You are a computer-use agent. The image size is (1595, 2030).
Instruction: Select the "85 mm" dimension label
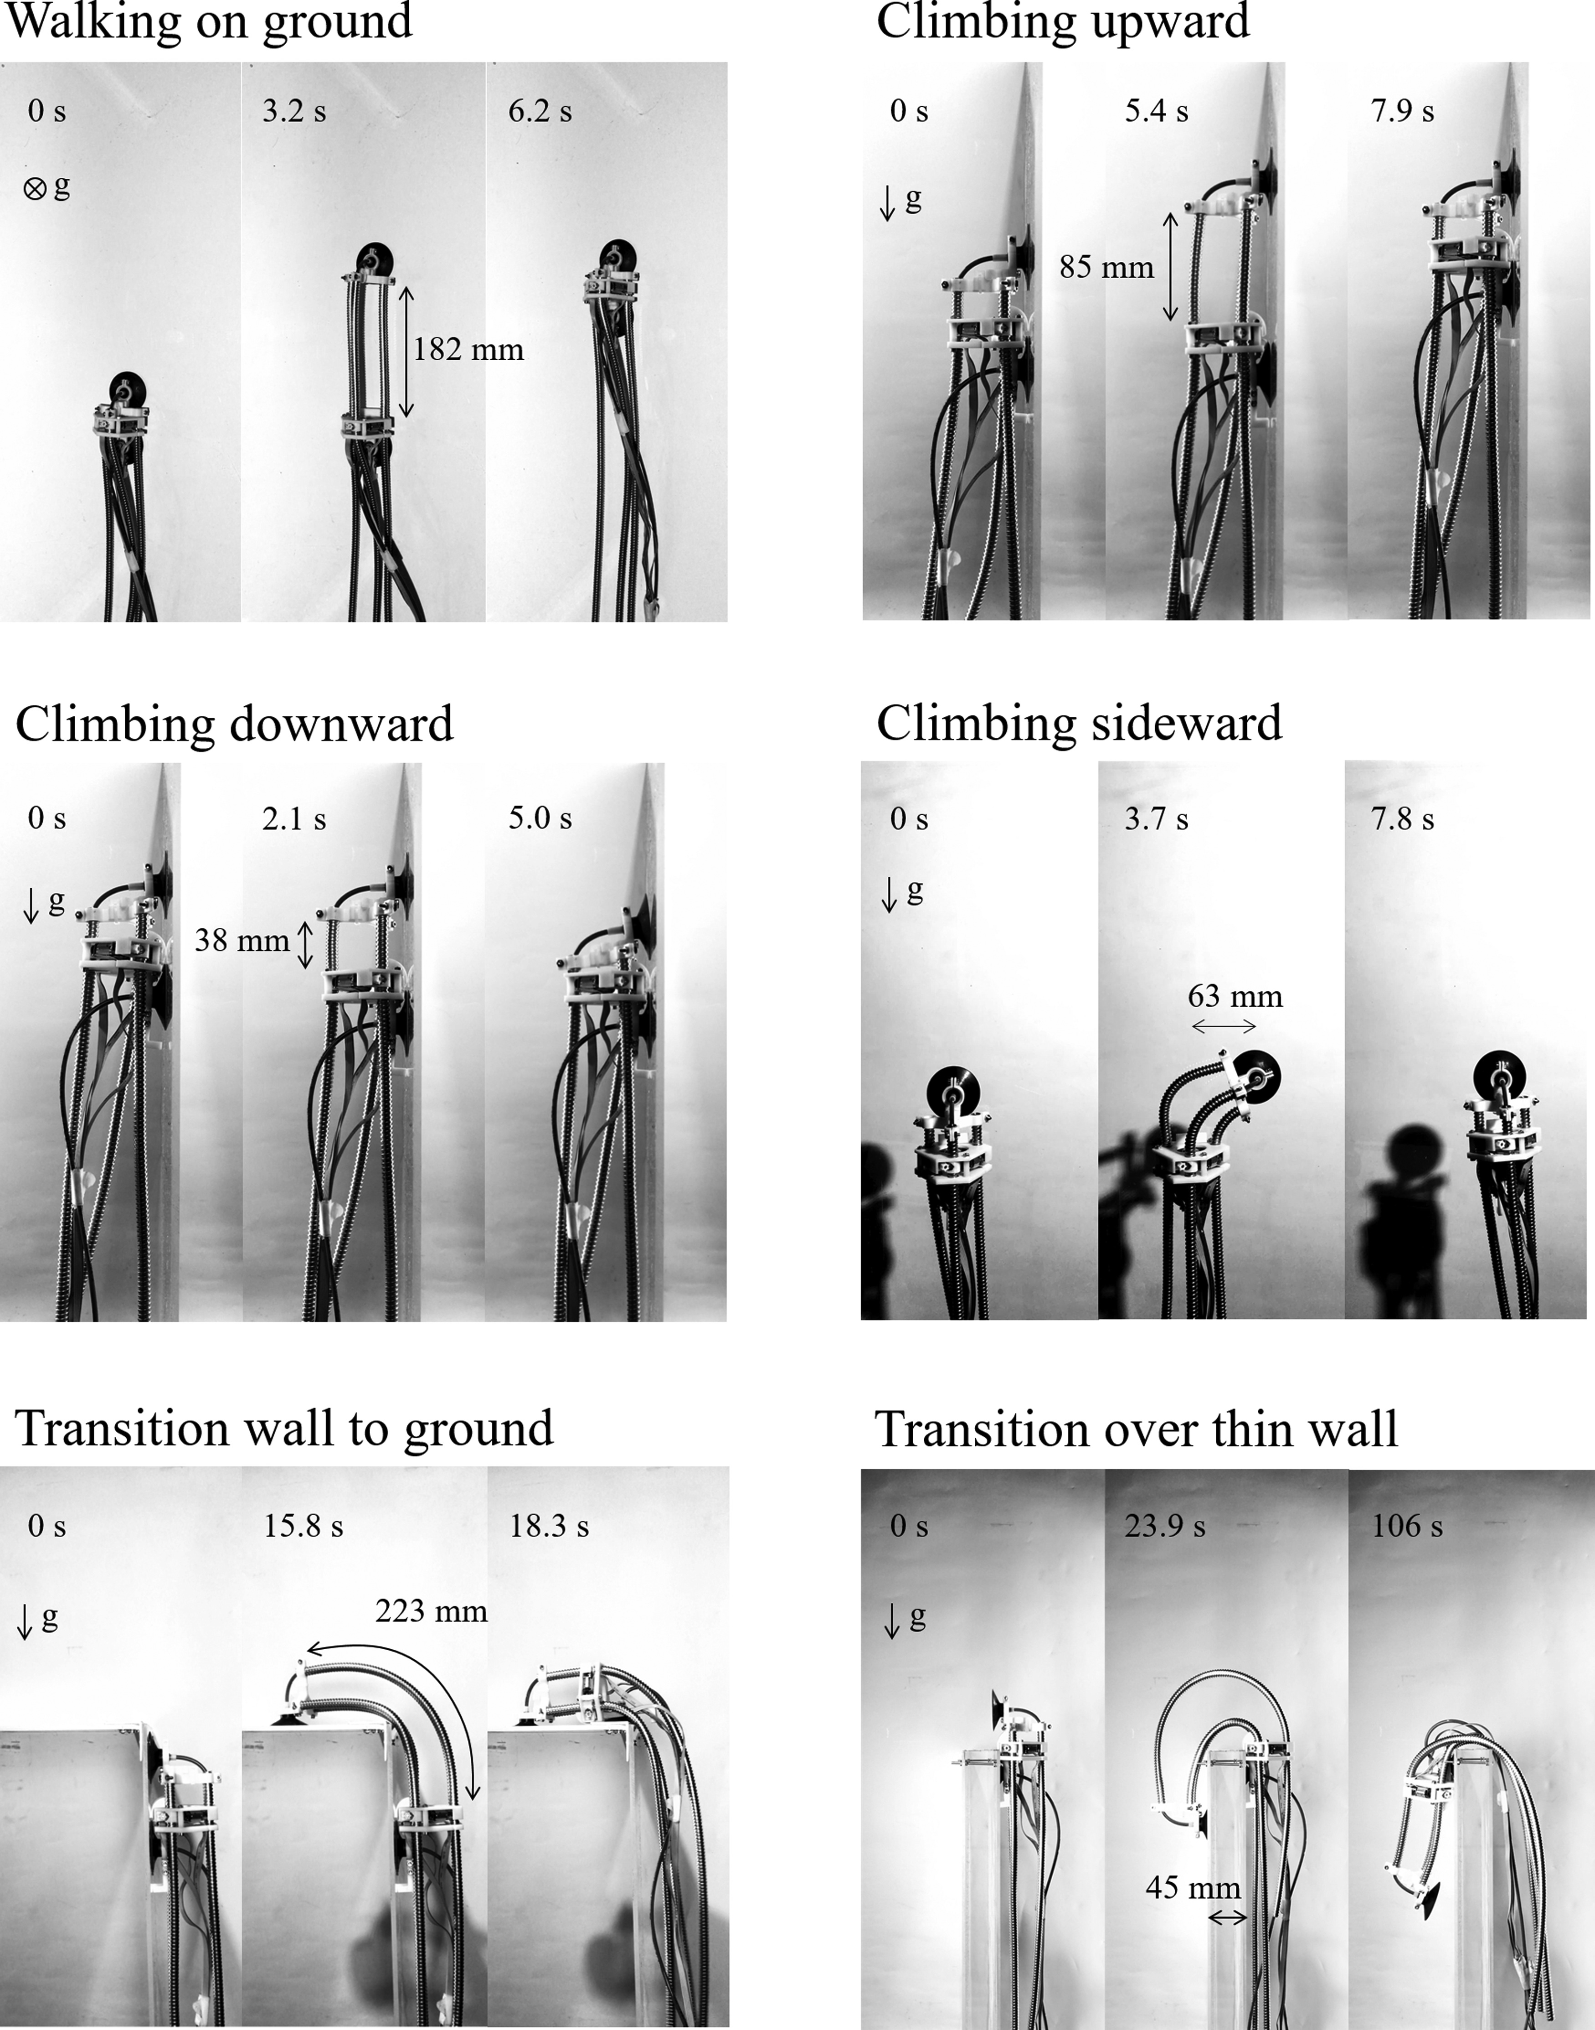click(x=1106, y=267)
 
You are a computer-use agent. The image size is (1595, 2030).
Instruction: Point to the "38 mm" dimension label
click(x=242, y=940)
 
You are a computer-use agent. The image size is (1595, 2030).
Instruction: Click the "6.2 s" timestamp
click(x=540, y=111)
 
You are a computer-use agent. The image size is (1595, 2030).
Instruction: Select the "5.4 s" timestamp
click(x=1156, y=111)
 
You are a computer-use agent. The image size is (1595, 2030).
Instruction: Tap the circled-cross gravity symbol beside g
click(x=35, y=190)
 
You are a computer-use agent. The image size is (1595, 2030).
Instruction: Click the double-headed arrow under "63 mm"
click(x=1224, y=1026)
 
